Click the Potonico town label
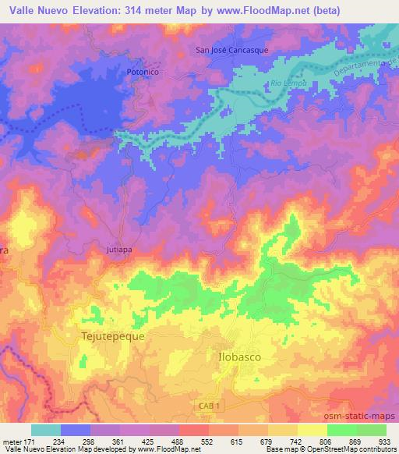(x=143, y=72)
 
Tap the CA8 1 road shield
(x=206, y=406)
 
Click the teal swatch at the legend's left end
(x=46, y=430)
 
